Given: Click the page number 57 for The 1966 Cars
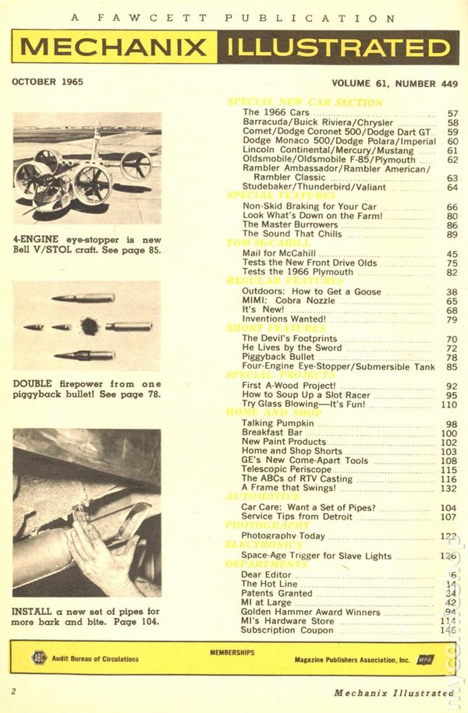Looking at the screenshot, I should tap(452, 113).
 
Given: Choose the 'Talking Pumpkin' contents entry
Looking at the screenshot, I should tap(272, 423).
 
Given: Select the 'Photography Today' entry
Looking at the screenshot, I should tap(282, 535).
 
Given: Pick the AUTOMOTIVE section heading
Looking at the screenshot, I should tap(262, 496).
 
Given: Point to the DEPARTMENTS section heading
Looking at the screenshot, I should tap(267, 564).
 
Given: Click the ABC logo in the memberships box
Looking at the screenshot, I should tap(39, 658).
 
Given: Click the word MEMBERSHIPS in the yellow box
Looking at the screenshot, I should tap(232, 648).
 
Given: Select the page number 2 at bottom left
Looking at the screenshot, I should tap(14, 691).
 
